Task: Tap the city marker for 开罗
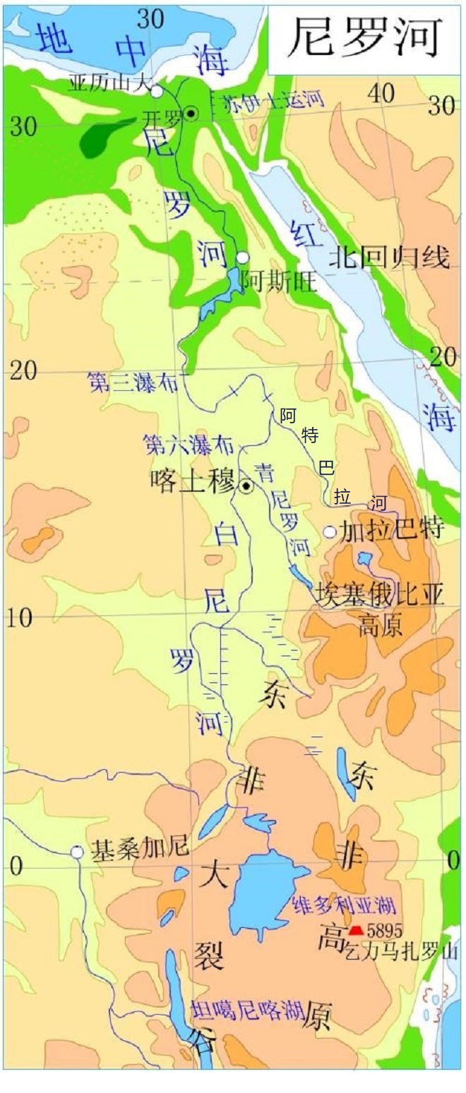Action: (x=191, y=113)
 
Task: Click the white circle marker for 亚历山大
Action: (x=157, y=90)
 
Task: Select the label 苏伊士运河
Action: (x=272, y=100)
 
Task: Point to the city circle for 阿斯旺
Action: (x=243, y=258)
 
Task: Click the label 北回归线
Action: (x=389, y=258)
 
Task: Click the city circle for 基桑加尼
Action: (x=76, y=852)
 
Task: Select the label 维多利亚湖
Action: (x=342, y=905)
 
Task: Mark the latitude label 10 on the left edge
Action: (x=21, y=618)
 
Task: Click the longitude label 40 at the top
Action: (x=385, y=91)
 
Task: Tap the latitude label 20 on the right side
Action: (x=443, y=356)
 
